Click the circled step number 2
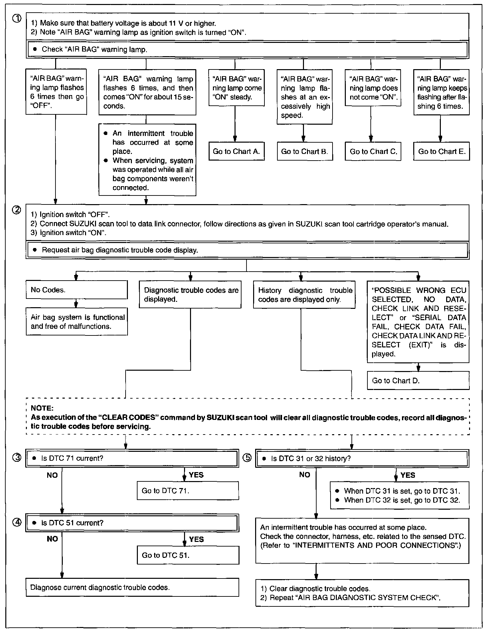tap(16, 210)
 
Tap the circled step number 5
tap(247, 458)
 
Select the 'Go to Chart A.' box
tap(236, 152)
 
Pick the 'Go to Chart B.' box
tap(304, 152)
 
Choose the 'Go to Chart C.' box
tap(373, 152)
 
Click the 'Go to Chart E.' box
tap(441, 152)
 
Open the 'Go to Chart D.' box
tap(418, 381)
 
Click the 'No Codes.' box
tap(76, 290)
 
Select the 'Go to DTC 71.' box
tap(188, 491)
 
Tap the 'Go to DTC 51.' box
tap(188, 555)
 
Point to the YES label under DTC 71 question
tap(196, 475)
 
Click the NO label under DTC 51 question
tap(52, 539)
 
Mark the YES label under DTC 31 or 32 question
tap(408, 475)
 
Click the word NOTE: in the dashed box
tap(42, 408)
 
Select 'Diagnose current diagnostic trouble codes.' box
tap(132, 587)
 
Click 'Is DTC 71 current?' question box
tap(132, 458)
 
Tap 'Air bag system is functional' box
tap(77, 322)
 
